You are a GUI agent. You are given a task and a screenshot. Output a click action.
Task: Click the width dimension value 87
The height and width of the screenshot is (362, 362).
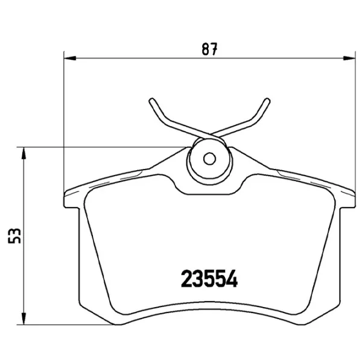209,49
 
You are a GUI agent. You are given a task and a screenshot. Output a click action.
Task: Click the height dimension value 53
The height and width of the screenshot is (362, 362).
14,236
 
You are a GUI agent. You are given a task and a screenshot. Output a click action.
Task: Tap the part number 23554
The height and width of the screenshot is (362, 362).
209,279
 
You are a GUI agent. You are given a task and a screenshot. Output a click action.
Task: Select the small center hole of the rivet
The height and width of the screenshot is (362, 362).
209,159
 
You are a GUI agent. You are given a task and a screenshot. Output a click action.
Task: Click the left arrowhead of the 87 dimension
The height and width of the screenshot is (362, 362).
70,59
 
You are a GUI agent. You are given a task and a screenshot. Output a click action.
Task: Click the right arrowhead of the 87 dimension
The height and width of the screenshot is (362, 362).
349,59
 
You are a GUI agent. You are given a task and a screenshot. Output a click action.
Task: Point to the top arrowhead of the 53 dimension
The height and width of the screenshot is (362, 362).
24,153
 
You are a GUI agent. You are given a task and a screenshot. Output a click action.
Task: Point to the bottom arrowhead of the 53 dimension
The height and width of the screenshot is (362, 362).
24,319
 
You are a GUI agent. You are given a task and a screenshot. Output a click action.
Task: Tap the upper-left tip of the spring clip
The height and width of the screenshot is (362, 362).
151,100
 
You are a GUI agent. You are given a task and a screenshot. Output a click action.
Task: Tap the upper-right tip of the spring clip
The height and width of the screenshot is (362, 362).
267,100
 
